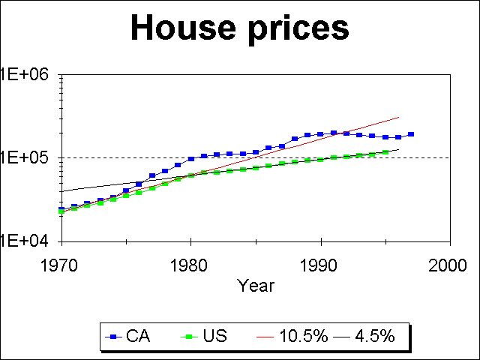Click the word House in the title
[182, 28]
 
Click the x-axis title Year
[256, 286]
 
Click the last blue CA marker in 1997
[411, 134]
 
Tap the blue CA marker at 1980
[191, 159]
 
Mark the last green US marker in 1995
[385, 152]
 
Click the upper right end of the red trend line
[398, 117]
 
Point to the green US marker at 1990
[321, 160]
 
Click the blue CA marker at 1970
[61, 209]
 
